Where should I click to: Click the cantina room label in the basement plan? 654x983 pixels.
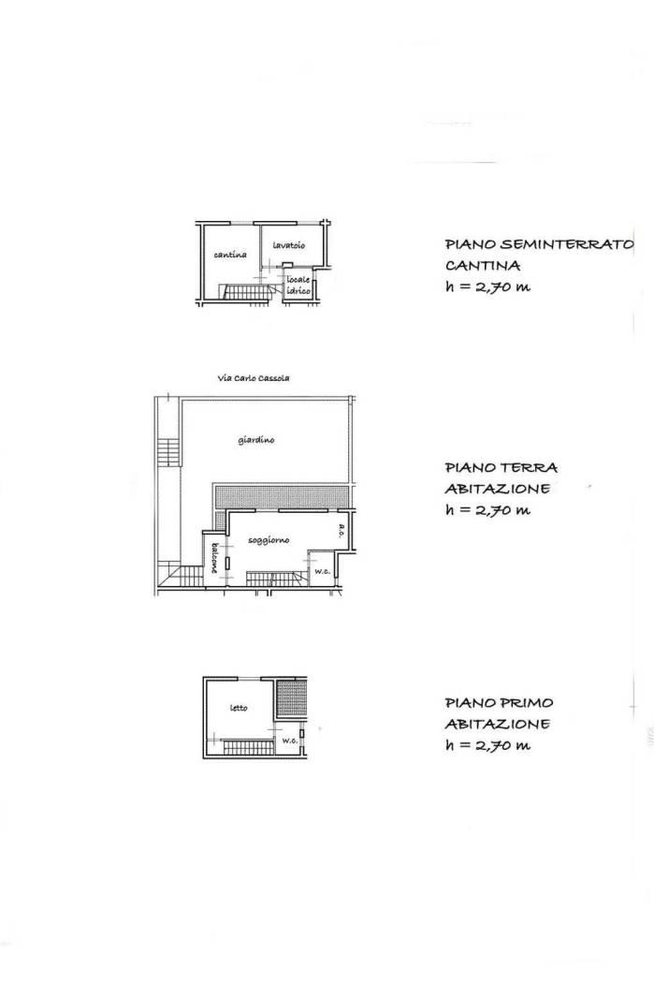tap(230, 255)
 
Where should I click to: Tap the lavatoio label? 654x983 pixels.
tap(288, 245)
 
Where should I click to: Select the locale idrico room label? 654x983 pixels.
tap(298, 286)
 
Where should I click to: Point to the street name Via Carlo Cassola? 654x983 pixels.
tap(253, 378)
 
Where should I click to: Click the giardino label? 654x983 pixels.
tap(256, 440)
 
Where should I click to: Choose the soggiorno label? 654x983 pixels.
tap(269, 540)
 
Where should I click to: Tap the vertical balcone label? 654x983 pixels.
tap(213, 557)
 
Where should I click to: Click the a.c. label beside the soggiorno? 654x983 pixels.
tap(342, 531)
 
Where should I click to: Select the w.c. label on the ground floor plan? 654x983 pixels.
tap(322, 571)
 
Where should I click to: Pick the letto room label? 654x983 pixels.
tap(239, 708)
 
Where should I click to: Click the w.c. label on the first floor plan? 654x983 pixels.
tap(289, 741)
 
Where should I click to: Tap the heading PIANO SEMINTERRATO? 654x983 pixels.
tap(539, 243)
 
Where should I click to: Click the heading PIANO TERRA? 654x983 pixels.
tap(501, 467)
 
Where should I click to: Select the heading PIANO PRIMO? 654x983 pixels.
tap(499, 703)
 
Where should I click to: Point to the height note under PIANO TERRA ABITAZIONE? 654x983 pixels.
tap(487, 509)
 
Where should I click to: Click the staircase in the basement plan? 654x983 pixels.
tap(245, 292)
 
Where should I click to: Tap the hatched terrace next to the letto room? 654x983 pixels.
tap(291, 699)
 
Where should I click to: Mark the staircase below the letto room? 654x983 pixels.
tap(247, 747)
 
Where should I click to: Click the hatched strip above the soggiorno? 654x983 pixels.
tap(281, 496)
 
